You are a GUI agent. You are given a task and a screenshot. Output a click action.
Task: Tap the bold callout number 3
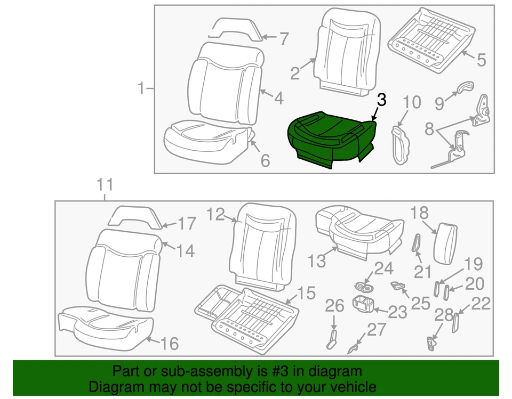pos(381,100)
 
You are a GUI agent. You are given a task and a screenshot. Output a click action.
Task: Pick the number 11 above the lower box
pos(105,185)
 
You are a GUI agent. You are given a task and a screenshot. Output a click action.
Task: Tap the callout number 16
pos(169,344)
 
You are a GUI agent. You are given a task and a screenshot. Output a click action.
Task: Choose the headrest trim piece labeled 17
pos(137,216)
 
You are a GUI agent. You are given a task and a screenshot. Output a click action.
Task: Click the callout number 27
pos(377,330)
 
